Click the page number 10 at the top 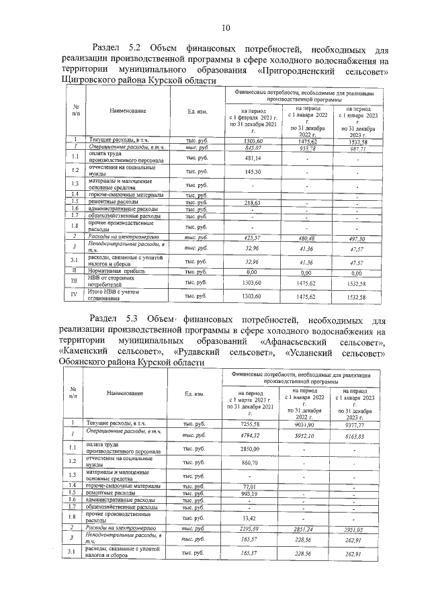(x=226, y=28)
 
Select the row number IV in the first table (x=75, y=295)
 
